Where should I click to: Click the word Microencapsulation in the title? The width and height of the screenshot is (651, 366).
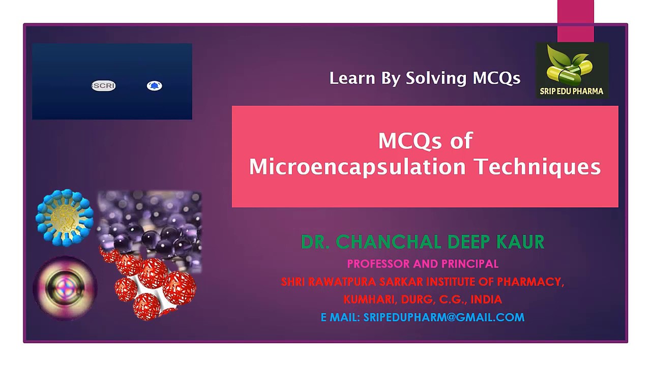pos(357,167)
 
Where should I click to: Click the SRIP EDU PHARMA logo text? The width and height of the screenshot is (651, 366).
pos(572,91)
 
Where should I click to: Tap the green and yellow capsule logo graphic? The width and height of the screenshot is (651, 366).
pos(570,66)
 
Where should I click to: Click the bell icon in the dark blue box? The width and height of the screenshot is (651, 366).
pos(154,86)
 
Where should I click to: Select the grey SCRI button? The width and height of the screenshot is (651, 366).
pos(104,86)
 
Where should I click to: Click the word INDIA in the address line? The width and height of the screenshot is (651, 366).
pos(486,299)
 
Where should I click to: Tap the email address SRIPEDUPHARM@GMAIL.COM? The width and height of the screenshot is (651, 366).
pos(443,317)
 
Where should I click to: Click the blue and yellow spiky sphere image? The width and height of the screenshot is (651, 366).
pos(65,218)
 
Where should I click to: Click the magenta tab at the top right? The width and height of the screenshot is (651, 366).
pos(575,20)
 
